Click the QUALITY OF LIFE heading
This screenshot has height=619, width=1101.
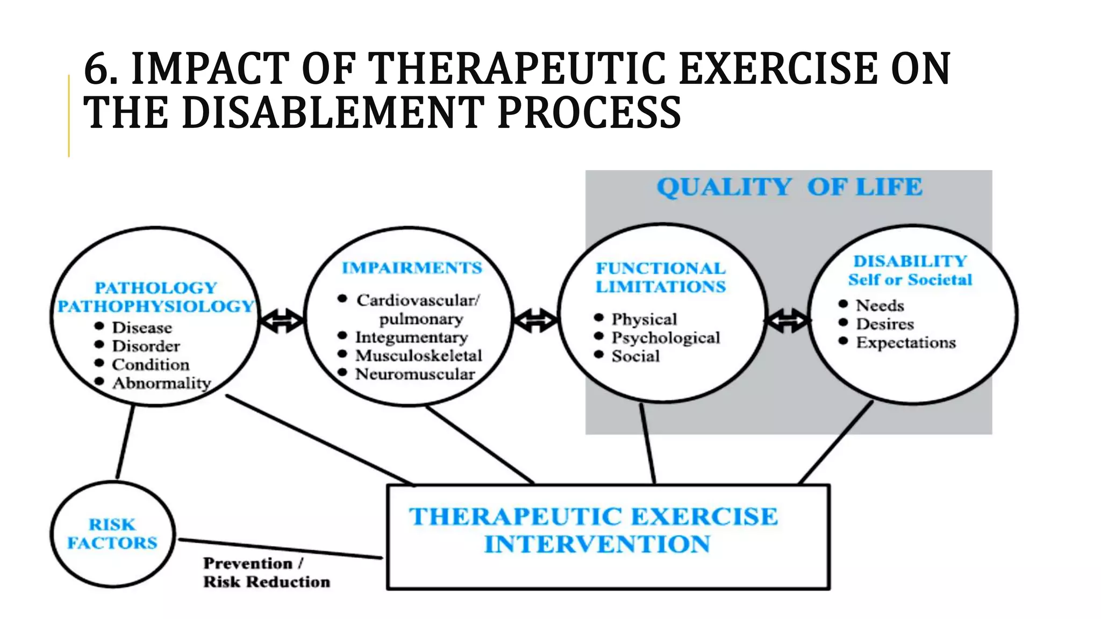click(789, 188)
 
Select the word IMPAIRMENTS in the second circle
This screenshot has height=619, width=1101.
click(412, 268)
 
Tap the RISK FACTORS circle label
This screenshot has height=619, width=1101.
click(112, 534)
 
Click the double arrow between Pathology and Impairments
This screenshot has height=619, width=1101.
click(282, 321)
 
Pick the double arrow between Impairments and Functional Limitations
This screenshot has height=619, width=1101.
click(535, 321)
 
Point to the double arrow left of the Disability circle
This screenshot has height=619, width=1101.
click(787, 321)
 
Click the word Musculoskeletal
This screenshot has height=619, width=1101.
click(418, 356)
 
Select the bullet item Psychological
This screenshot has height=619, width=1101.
click(666, 338)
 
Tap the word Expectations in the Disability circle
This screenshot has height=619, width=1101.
click(906, 343)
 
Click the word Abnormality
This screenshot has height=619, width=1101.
click(161, 383)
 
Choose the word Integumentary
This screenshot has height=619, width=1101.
click(411, 337)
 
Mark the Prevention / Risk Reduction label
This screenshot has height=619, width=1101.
click(266, 573)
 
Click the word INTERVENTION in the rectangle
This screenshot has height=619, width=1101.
click(597, 544)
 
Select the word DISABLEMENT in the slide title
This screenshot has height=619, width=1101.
click(333, 113)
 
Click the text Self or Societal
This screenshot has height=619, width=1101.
click(910, 280)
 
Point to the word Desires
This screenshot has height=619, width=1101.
click(885, 325)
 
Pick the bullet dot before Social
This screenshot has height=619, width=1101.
click(599, 354)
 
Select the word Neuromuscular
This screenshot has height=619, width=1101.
click(415, 374)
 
